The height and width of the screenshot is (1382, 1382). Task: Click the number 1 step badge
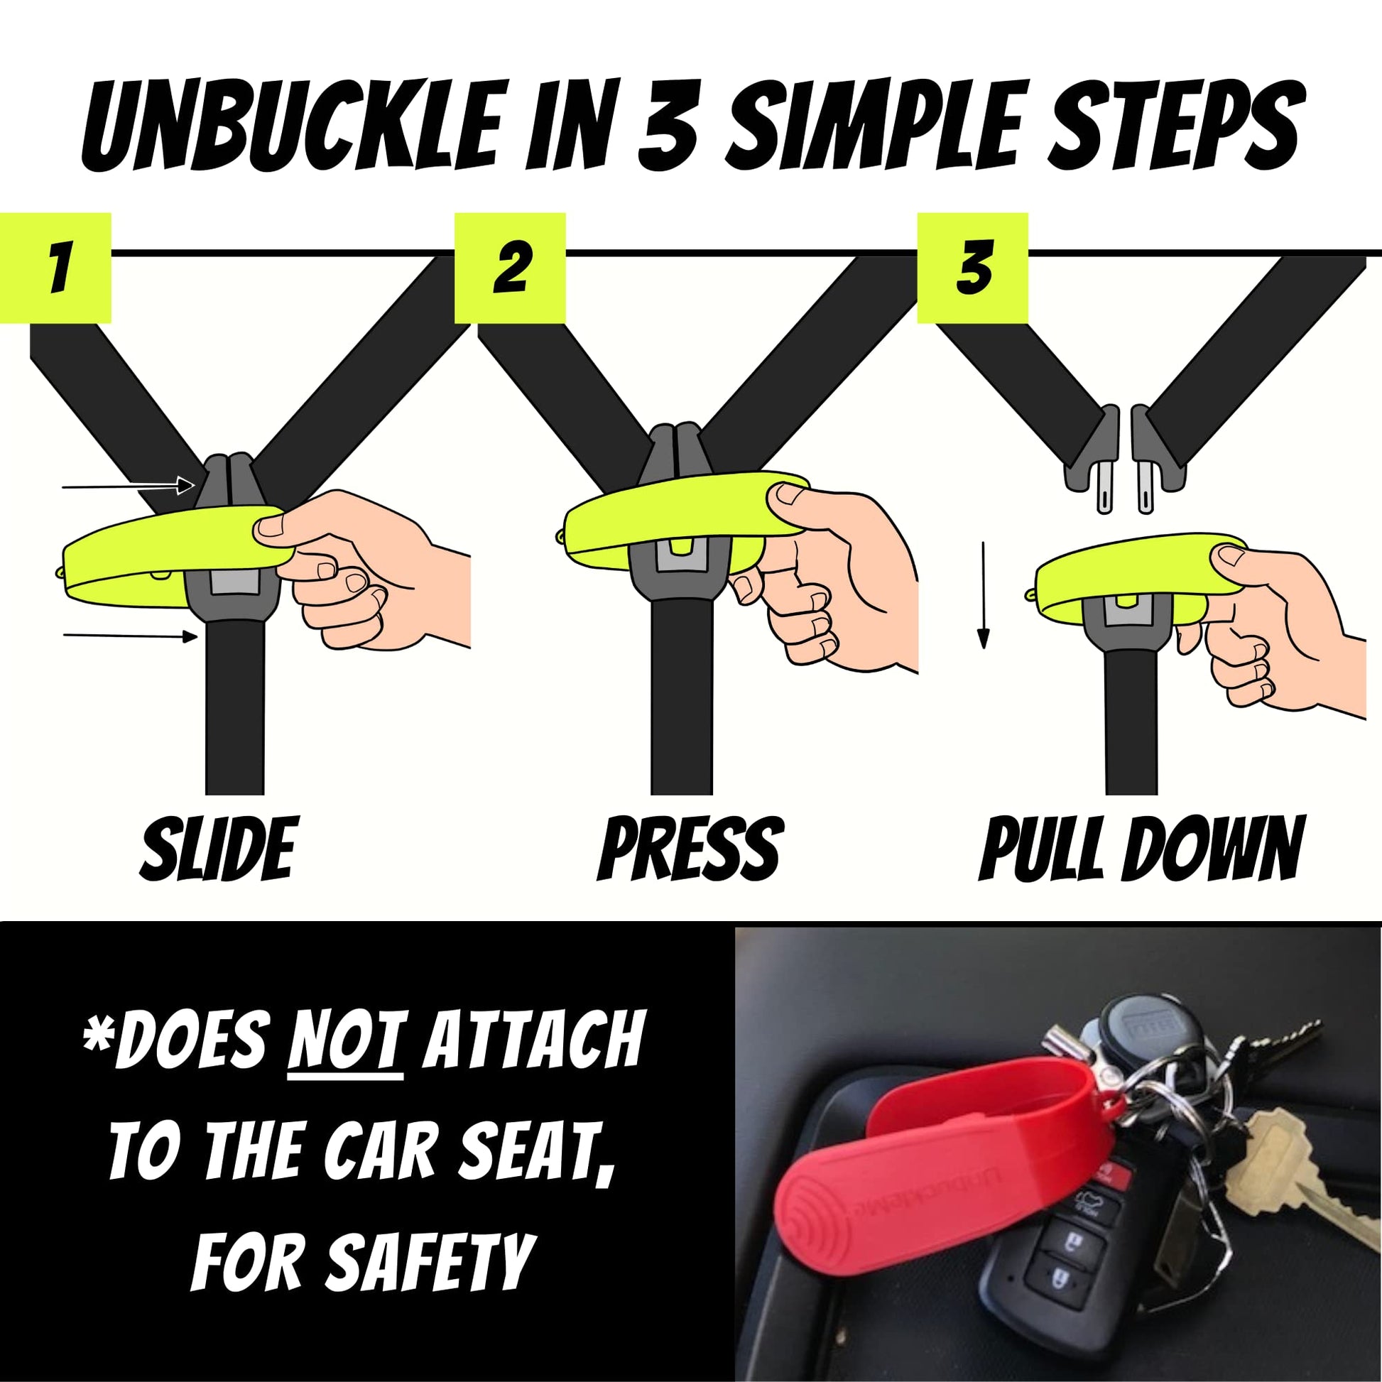pyautogui.click(x=56, y=268)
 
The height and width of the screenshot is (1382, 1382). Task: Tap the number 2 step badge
pyautogui.click(x=510, y=268)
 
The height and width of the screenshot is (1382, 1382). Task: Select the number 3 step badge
pyautogui.click(x=973, y=268)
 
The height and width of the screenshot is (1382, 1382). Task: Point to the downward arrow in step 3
pyautogui.click(x=984, y=595)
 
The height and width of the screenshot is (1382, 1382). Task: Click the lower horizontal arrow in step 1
pyautogui.click(x=130, y=635)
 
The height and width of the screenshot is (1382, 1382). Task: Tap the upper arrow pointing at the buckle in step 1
pyautogui.click(x=129, y=486)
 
